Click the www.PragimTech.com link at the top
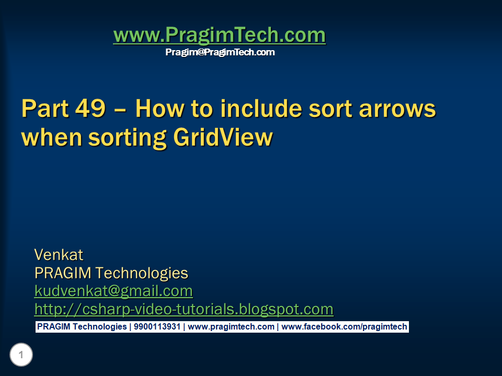click(x=219, y=36)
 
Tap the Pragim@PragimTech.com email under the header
click(x=220, y=52)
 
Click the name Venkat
click(x=59, y=255)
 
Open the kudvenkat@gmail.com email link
click(x=113, y=291)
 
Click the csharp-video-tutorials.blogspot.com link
click(x=184, y=309)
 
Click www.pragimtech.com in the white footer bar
click(x=231, y=327)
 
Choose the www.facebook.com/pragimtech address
click(x=344, y=327)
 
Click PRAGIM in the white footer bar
click(x=53, y=327)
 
